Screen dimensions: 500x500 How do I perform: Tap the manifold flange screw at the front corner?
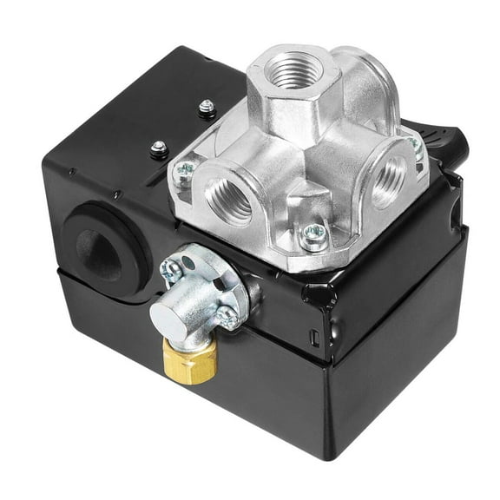pos(314,234)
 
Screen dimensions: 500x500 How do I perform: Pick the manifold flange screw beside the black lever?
pos(417,149)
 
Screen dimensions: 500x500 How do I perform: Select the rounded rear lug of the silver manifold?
pos(373,82)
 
